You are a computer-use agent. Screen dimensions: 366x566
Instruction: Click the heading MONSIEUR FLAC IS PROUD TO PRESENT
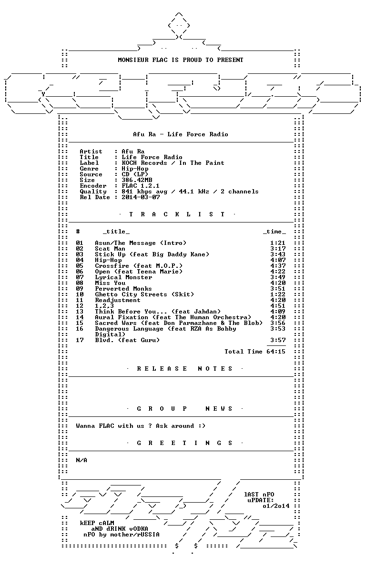pyautogui.click(x=181, y=60)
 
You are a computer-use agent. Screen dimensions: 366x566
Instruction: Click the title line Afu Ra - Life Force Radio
pyautogui.click(x=181, y=134)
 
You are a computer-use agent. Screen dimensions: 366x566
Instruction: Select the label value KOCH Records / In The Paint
pyautogui.click(x=173, y=163)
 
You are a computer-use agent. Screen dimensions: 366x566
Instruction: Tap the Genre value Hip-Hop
pyautogui.click(x=135, y=169)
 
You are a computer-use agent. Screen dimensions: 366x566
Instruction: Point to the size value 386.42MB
pyautogui.click(x=137, y=180)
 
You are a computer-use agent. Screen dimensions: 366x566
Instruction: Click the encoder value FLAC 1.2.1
pyautogui.click(x=141, y=186)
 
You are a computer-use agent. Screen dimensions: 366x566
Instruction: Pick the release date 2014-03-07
pyautogui.click(x=141, y=197)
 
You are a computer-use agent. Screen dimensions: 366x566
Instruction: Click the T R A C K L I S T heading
pyautogui.click(x=177, y=214)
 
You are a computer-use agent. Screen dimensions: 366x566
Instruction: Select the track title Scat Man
pyautogui.click(x=110, y=249)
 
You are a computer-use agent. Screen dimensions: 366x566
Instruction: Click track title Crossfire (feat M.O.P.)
pyautogui.click(x=139, y=266)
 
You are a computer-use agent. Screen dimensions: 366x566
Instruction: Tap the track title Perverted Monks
pyautogui.click(x=123, y=289)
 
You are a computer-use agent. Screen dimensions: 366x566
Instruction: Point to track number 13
pyautogui.click(x=80, y=312)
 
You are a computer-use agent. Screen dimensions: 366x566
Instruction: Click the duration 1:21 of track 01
pyautogui.click(x=278, y=243)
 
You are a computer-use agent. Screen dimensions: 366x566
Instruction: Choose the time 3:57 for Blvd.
pyautogui.click(x=278, y=340)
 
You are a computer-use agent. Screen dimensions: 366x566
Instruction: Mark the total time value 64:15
pyautogui.click(x=276, y=352)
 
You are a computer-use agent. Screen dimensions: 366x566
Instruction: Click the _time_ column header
pyautogui.click(x=274, y=232)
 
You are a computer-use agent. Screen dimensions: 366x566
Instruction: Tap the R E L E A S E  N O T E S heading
pyautogui.click(x=184, y=369)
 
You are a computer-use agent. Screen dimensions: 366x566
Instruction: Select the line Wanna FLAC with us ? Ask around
pyautogui.click(x=141, y=426)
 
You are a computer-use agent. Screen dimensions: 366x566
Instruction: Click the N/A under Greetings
pyautogui.click(x=81, y=460)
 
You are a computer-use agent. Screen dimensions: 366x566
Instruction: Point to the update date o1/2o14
pyautogui.click(x=276, y=506)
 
